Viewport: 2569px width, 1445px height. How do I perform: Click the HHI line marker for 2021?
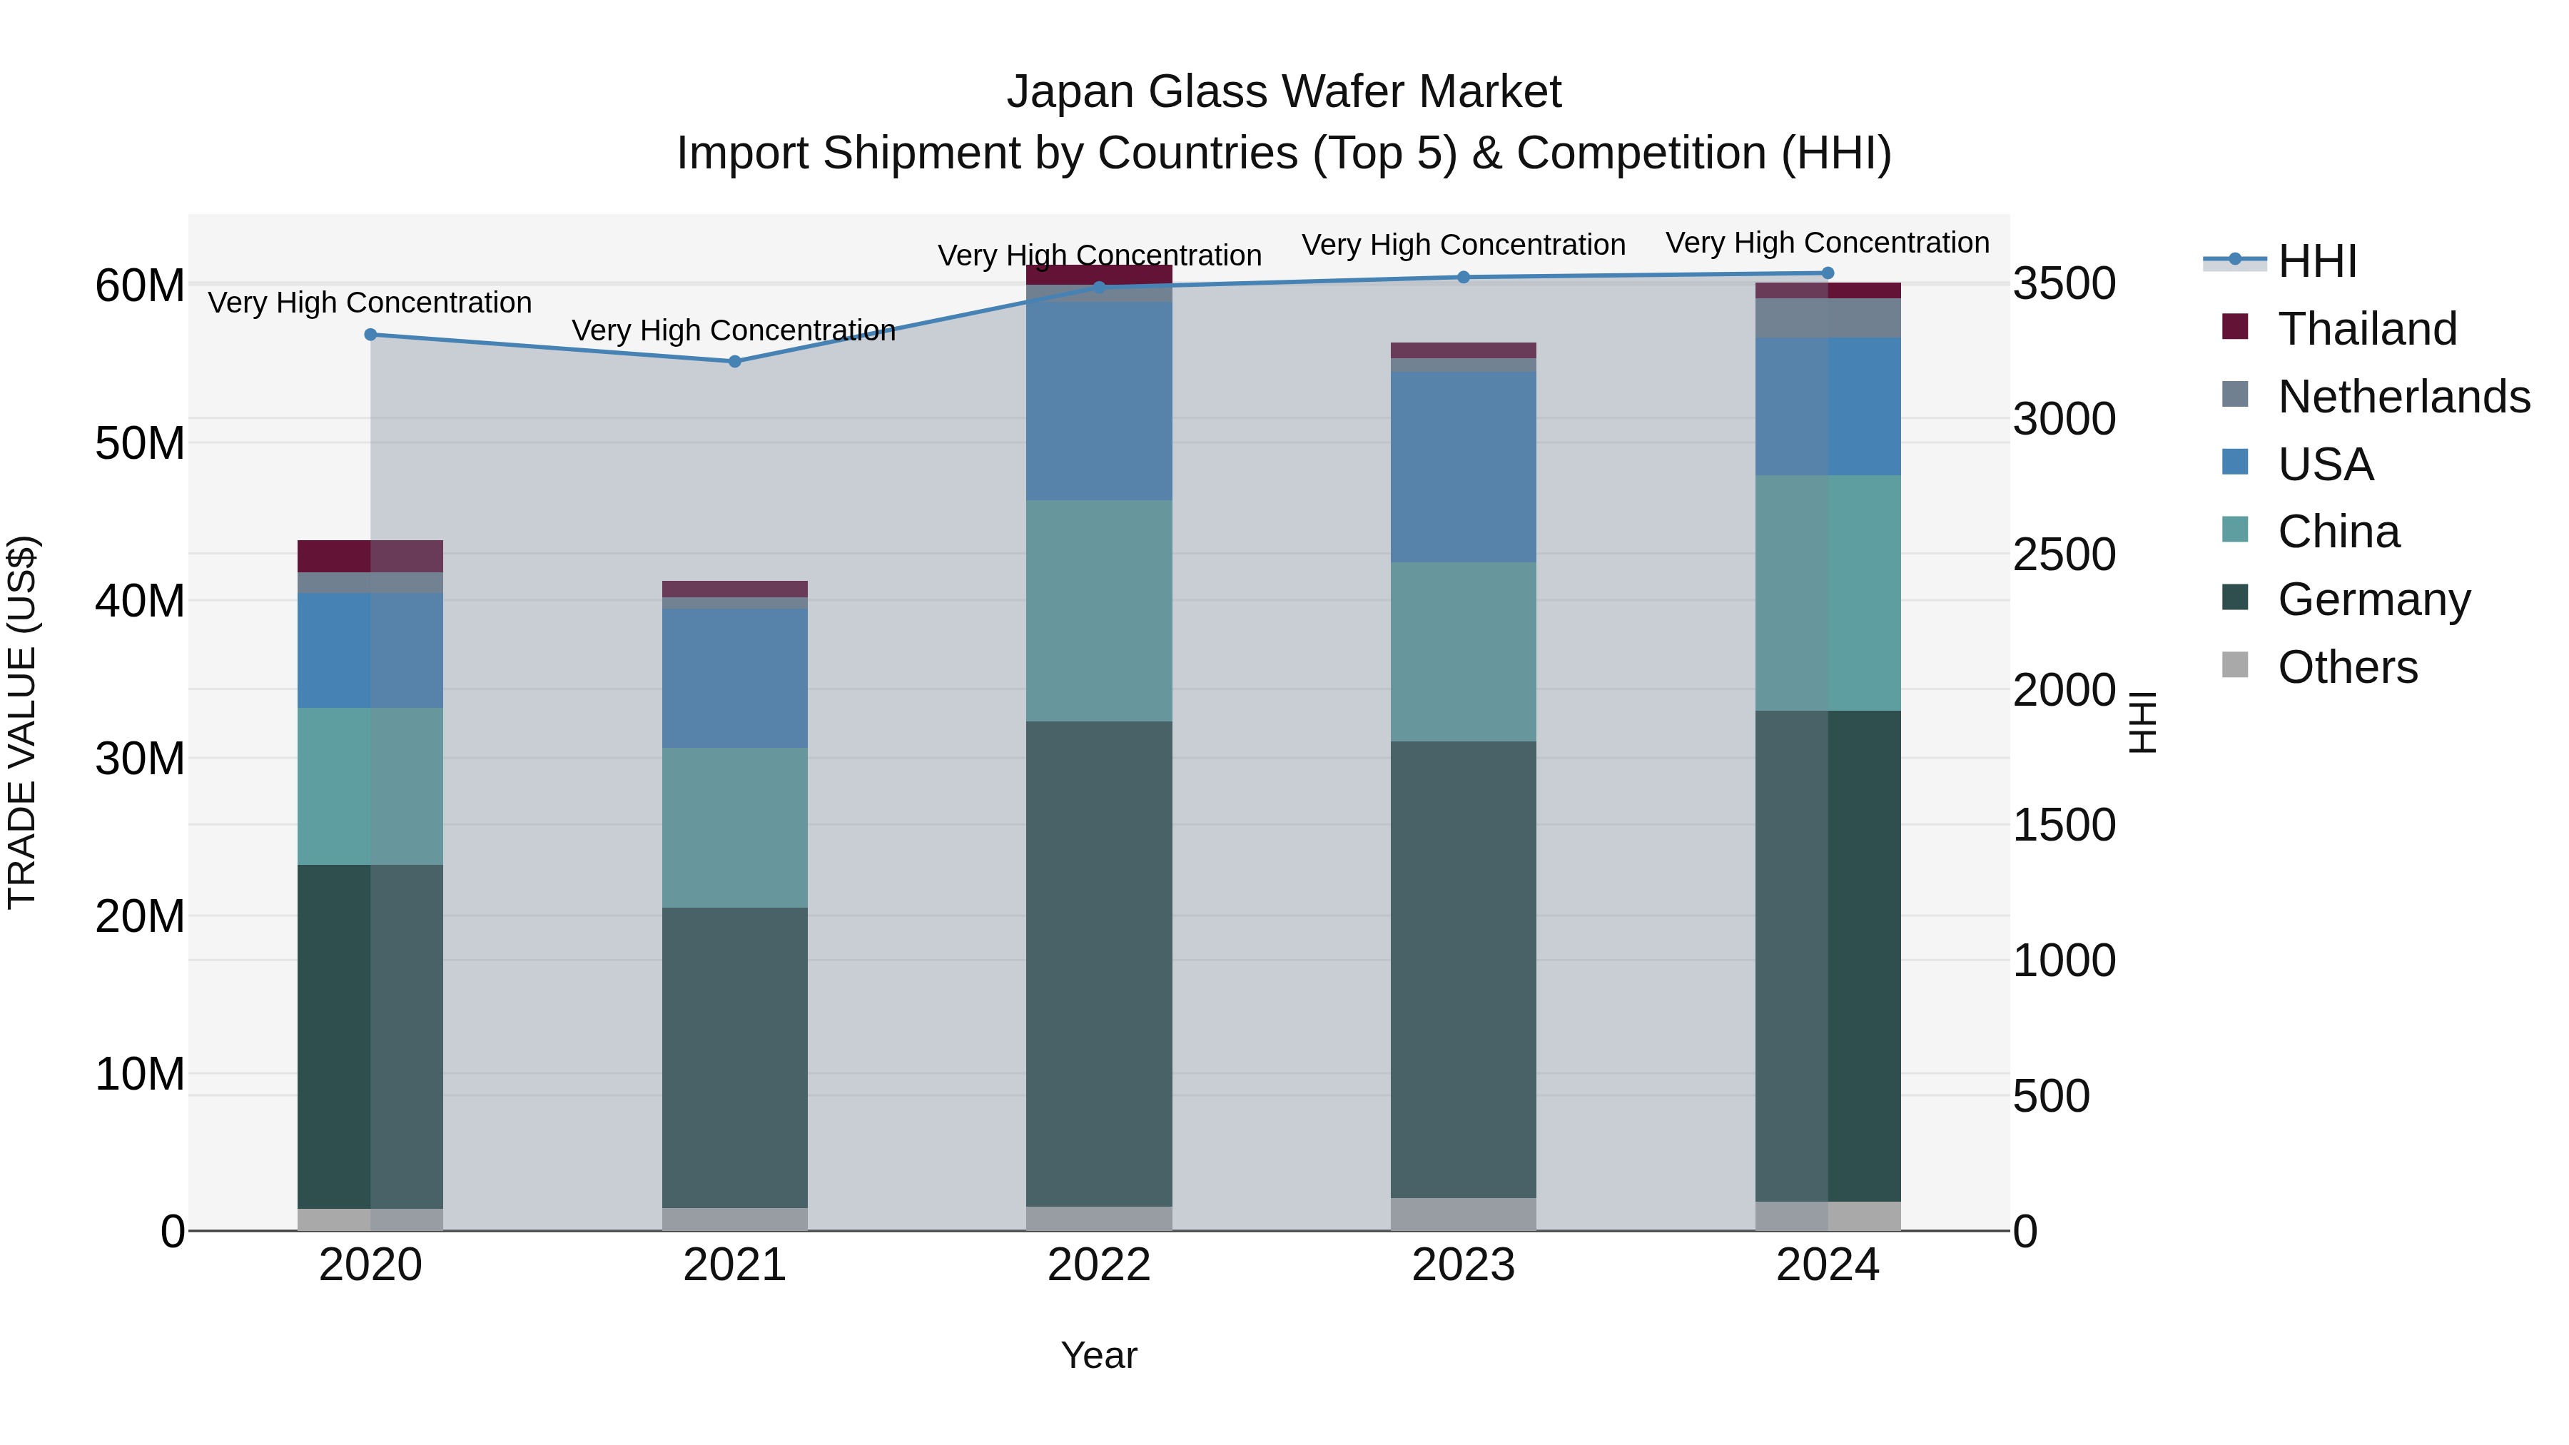735,361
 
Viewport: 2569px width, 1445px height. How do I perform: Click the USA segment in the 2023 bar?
1463,467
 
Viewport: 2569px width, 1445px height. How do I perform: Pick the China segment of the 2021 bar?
735,827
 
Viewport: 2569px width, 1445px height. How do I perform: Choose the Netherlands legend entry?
2403,397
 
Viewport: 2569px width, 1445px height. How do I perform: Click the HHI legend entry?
2316,261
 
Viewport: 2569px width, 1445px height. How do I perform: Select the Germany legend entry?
2373,599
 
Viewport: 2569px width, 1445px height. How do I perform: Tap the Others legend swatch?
2235,665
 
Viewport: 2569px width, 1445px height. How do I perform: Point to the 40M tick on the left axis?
140,602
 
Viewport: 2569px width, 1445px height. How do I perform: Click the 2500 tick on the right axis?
2063,554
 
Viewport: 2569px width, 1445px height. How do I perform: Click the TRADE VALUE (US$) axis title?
22,722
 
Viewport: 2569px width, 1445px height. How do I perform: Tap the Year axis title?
1099,1355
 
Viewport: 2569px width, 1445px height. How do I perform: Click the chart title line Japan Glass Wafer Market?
1284,92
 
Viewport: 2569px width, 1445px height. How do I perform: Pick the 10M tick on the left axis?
140,1074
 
